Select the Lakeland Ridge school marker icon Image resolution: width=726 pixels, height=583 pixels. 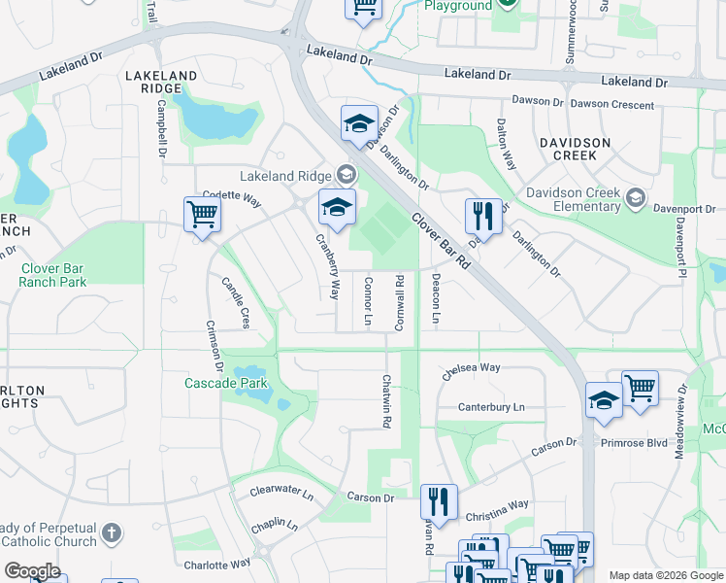[346, 176]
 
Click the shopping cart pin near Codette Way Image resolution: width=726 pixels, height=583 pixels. [201, 214]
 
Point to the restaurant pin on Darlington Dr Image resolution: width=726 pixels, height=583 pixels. [481, 215]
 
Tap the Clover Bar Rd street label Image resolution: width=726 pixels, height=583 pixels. [440, 241]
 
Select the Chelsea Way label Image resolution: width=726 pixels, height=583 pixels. [471, 369]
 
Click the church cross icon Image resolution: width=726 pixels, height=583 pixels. [112, 532]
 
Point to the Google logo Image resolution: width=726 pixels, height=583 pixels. [32, 570]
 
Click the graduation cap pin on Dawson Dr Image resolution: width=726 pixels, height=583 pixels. [358, 123]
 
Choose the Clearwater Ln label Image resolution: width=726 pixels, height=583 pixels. [281, 494]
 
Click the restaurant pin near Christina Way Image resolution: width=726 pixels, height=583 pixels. [439, 501]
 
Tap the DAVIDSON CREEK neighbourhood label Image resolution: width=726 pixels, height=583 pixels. [588, 149]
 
